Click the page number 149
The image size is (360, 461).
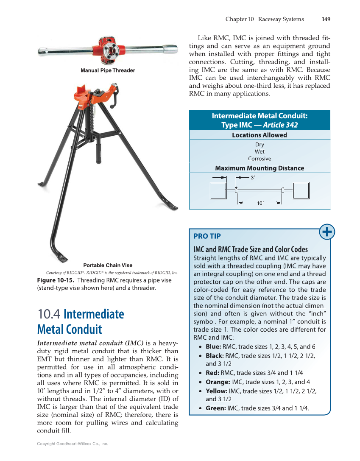tap(326, 19)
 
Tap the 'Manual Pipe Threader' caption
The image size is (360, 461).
tap(108, 70)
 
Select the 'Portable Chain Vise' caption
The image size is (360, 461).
tap(108, 265)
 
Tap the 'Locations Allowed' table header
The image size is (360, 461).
tap(259, 135)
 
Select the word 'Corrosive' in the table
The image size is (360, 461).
tap(259, 159)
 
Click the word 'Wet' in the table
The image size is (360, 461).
tap(259, 151)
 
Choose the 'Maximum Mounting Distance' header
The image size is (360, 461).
tap(259, 168)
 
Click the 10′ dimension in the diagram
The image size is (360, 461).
tap(260, 203)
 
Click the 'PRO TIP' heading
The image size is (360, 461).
tap(207, 236)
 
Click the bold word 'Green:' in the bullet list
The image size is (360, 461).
tap(216, 408)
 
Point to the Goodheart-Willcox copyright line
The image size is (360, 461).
tap(73, 444)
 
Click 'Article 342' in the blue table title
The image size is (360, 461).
tap(280, 125)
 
